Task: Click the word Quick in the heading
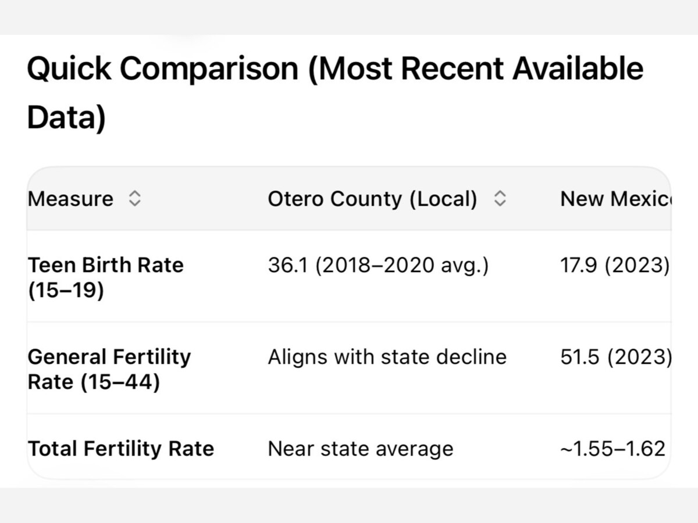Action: coord(68,69)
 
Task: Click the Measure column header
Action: coord(70,199)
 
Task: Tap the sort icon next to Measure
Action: coord(134,199)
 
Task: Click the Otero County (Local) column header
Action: coord(372,199)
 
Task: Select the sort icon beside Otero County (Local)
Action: coord(500,199)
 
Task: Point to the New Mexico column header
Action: coord(614,199)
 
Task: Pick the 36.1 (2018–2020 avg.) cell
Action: coord(378,266)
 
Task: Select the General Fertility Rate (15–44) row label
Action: coord(109,369)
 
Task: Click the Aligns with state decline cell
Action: coord(387,357)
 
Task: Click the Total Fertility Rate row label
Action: coord(121,449)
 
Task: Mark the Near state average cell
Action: coord(360,449)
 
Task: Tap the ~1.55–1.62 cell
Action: coord(612,449)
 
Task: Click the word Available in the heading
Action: coord(578,69)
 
